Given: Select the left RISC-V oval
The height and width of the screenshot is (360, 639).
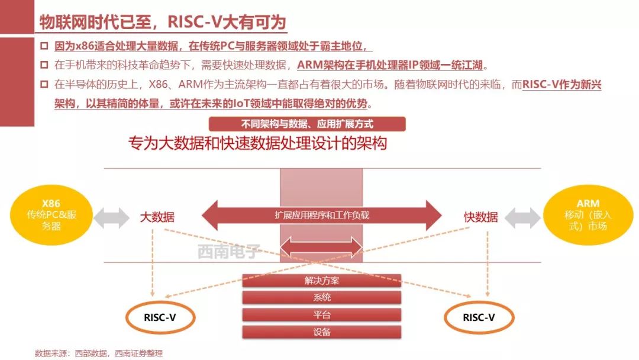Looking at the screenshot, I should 160,317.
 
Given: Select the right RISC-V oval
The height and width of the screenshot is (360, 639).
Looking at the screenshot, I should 478,317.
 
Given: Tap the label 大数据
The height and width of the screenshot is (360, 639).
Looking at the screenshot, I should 157,217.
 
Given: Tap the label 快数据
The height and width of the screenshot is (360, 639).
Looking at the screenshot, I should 480,217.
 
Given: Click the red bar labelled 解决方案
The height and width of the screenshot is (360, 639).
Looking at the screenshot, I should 322,281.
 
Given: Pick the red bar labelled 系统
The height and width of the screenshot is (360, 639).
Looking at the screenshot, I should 322,298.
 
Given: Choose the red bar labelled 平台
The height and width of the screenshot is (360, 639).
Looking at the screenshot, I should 322,315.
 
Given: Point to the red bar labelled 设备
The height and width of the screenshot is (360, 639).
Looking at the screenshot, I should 322,332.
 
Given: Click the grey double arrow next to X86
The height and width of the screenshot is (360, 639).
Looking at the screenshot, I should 111,217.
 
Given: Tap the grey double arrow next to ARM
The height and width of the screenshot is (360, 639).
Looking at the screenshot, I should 522,217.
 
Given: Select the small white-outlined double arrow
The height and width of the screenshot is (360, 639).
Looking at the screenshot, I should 321,246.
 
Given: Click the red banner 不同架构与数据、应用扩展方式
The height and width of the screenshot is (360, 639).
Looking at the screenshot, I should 307,124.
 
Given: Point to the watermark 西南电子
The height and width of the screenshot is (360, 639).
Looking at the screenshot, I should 229,253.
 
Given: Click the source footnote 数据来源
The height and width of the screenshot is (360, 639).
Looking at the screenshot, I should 99,353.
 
